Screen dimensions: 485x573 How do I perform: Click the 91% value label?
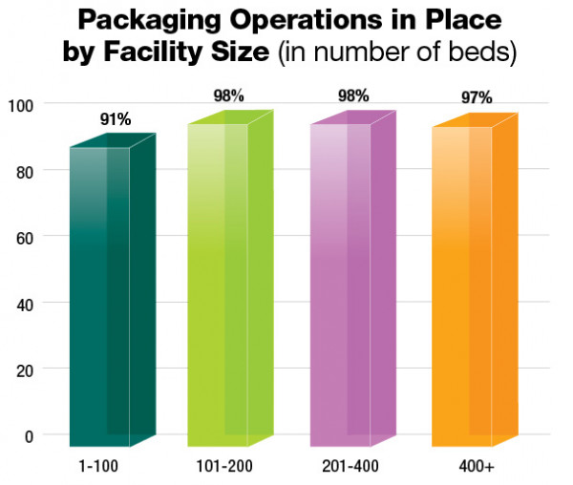(116, 119)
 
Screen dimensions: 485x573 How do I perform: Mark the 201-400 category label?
(344, 467)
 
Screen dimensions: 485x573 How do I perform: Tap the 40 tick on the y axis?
(24, 304)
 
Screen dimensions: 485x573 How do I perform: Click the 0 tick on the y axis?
(28, 435)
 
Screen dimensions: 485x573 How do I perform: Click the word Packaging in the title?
(155, 20)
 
